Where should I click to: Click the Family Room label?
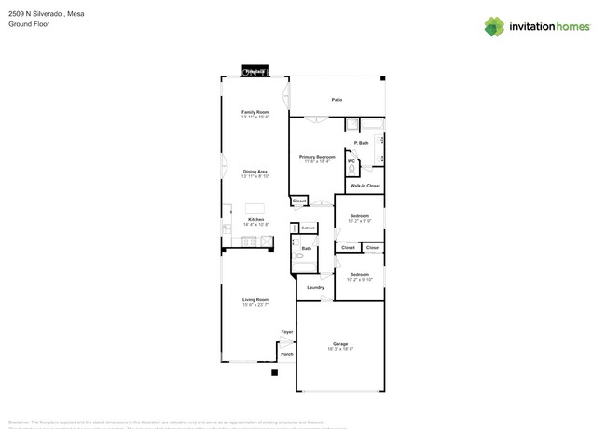pos(255,112)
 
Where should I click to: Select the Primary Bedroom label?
pos(317,157)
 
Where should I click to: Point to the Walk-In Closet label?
pos(365,186)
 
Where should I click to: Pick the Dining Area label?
pos(255,172)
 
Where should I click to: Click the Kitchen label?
pos(255,220)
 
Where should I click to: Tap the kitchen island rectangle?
pos(255,207)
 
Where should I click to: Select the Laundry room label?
pos(316,287)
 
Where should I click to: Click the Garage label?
pos(340,344)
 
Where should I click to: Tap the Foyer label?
pos(287,332)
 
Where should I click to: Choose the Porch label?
pos(287,354)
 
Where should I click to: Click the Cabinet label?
pos(308,228)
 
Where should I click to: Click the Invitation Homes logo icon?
pos(495,27)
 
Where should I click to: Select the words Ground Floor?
pos(29,24)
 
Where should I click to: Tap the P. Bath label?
pos(362,143)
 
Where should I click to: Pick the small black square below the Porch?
pos(274,373)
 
